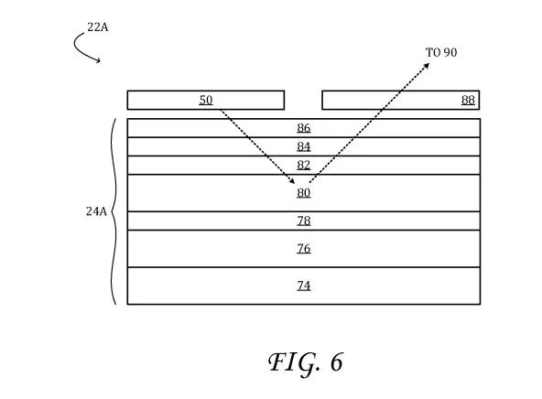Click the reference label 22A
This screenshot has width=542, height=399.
point(97,27)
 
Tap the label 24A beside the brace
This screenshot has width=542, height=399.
point(96,211)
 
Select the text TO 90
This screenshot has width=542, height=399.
point(441,52)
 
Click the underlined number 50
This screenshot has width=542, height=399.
point(206,100)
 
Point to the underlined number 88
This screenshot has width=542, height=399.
point(468,100)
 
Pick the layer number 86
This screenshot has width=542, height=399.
point(303,128)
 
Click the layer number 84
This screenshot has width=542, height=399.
point(303,146)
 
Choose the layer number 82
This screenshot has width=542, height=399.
point(303,165)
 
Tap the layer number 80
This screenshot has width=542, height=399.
point(303,193)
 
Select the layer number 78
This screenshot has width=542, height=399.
point(303,221)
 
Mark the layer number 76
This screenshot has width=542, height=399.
point(303,249)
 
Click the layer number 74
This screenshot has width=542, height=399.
point(303,286)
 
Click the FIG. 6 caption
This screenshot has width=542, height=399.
point(306,362)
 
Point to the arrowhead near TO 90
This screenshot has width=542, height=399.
point(428,65)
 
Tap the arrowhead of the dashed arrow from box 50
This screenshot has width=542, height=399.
point(292,181)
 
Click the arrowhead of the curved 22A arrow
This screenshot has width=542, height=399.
point(99,61)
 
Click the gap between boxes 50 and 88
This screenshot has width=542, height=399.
point(303,100)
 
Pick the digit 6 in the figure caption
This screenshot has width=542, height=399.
point(337,362)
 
